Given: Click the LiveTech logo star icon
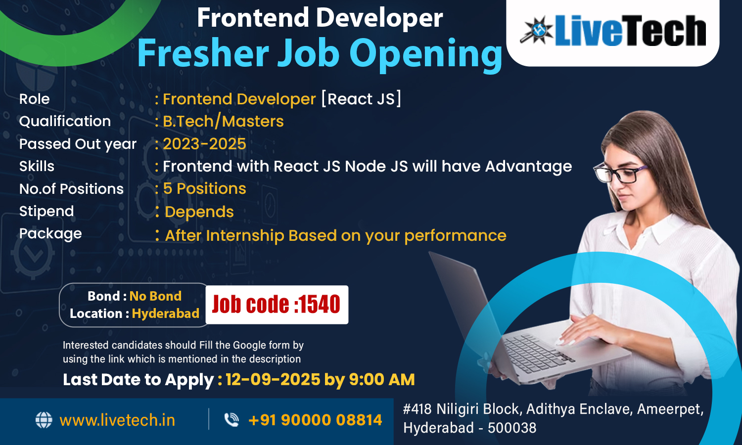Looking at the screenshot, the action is click(536, 30).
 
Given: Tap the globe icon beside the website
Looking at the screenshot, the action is click(44, 420).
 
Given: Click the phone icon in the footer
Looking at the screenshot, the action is click(232, 419).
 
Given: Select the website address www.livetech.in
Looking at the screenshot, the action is click(117, 420).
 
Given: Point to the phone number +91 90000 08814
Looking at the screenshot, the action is click(315, 420).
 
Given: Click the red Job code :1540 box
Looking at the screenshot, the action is click(277, 305).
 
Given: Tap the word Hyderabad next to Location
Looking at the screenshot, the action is click(166, 313).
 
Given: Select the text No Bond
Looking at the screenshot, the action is click(155, 296).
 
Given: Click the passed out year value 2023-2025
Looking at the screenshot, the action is click(204, 144).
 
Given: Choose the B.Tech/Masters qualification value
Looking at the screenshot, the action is click(223, 121).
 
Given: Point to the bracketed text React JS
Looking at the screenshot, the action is click(361, 99).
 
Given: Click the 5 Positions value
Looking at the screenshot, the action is click(204, 188).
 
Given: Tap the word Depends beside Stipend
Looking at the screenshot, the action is click(199, 212).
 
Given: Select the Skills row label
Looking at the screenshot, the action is click(37, 166).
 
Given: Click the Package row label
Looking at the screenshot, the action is click(50, 234).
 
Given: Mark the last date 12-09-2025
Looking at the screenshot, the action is click(273, 379).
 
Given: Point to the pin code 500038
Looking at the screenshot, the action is click(512, 428).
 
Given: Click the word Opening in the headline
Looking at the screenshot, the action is click(425, 54).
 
